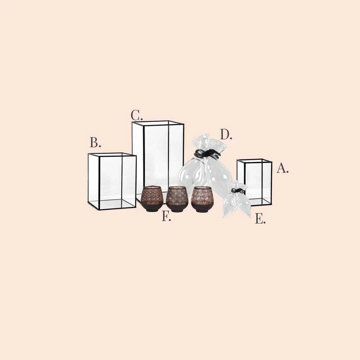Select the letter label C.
(136, 115)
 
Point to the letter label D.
(226, 134)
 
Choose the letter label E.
(260, 219)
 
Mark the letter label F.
(166, 216)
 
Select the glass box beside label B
(112, 181)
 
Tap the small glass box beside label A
(255, 182)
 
